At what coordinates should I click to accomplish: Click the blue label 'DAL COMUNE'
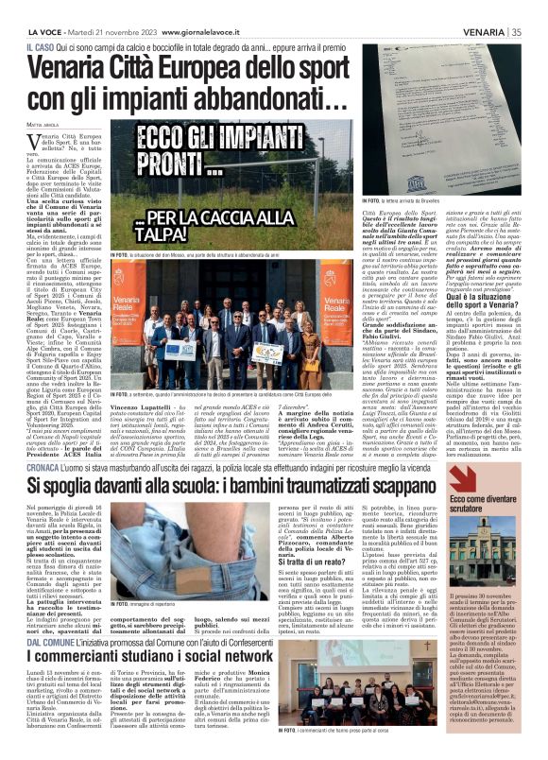click(52, 642)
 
